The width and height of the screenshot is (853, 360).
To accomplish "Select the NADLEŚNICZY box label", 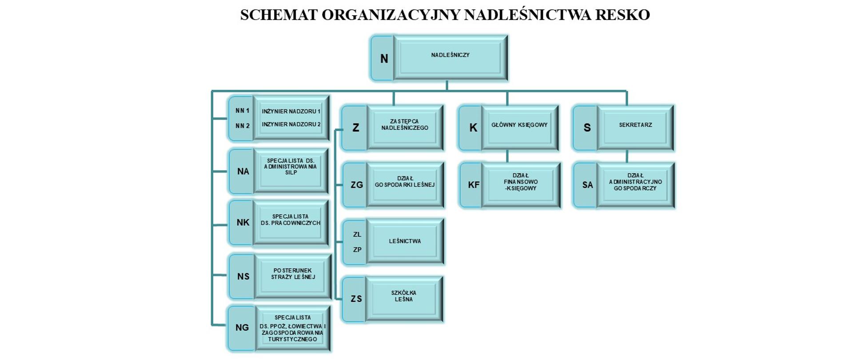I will click(x=450, y=55).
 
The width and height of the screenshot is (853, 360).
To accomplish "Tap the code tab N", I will click(x=384, y=59).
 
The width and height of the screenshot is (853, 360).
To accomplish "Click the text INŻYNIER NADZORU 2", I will click(x=291, y=124).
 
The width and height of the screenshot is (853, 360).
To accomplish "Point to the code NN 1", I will click(x=242, y=111).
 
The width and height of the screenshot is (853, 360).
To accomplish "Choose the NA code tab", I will click(x=243, y=172).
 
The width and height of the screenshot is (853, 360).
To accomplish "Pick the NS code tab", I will click(x=243, y=276).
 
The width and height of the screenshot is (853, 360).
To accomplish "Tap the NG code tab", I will click(x=242, y=328).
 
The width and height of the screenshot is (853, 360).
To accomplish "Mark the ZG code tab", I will click(x=356, y=185).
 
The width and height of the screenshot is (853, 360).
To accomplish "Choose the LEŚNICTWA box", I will click(x=404, y=241).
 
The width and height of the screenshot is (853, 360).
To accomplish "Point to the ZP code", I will click(x=357, y=250).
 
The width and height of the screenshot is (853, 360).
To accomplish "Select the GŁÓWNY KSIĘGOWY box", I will click(x=519, y=125).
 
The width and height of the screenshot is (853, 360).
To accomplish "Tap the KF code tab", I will click(x=473, y=185).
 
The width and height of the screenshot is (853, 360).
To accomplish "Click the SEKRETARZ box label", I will click(x=635, y=125).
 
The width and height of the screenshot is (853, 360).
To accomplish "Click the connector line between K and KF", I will click(x=507, y=156).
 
